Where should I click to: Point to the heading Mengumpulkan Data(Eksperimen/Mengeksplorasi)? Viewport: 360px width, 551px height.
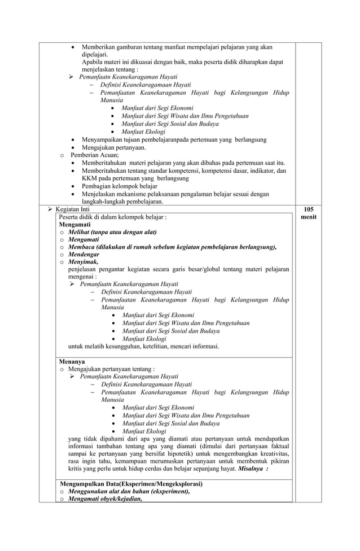(x=131, y=484)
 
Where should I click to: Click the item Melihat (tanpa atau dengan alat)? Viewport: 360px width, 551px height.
(x=112, y=232)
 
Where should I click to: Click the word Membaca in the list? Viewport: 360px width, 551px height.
(x=82, y=247)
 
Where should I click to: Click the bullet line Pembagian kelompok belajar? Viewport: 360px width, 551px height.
(x=120, y=186)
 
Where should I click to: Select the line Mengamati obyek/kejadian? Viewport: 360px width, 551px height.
(x=104, y=498)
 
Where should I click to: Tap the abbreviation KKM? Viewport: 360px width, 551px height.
(x=90, y=178)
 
